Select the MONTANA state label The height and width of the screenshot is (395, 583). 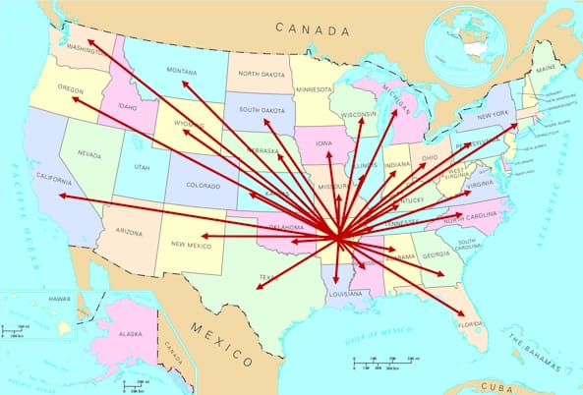point(182,71)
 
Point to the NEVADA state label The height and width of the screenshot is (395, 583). point(88,154)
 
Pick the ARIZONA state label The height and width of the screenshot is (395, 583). point(128,233)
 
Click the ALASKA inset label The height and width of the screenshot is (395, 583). point(129,334)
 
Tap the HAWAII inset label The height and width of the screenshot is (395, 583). point(33,298)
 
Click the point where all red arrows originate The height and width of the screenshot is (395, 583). point(338,237)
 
